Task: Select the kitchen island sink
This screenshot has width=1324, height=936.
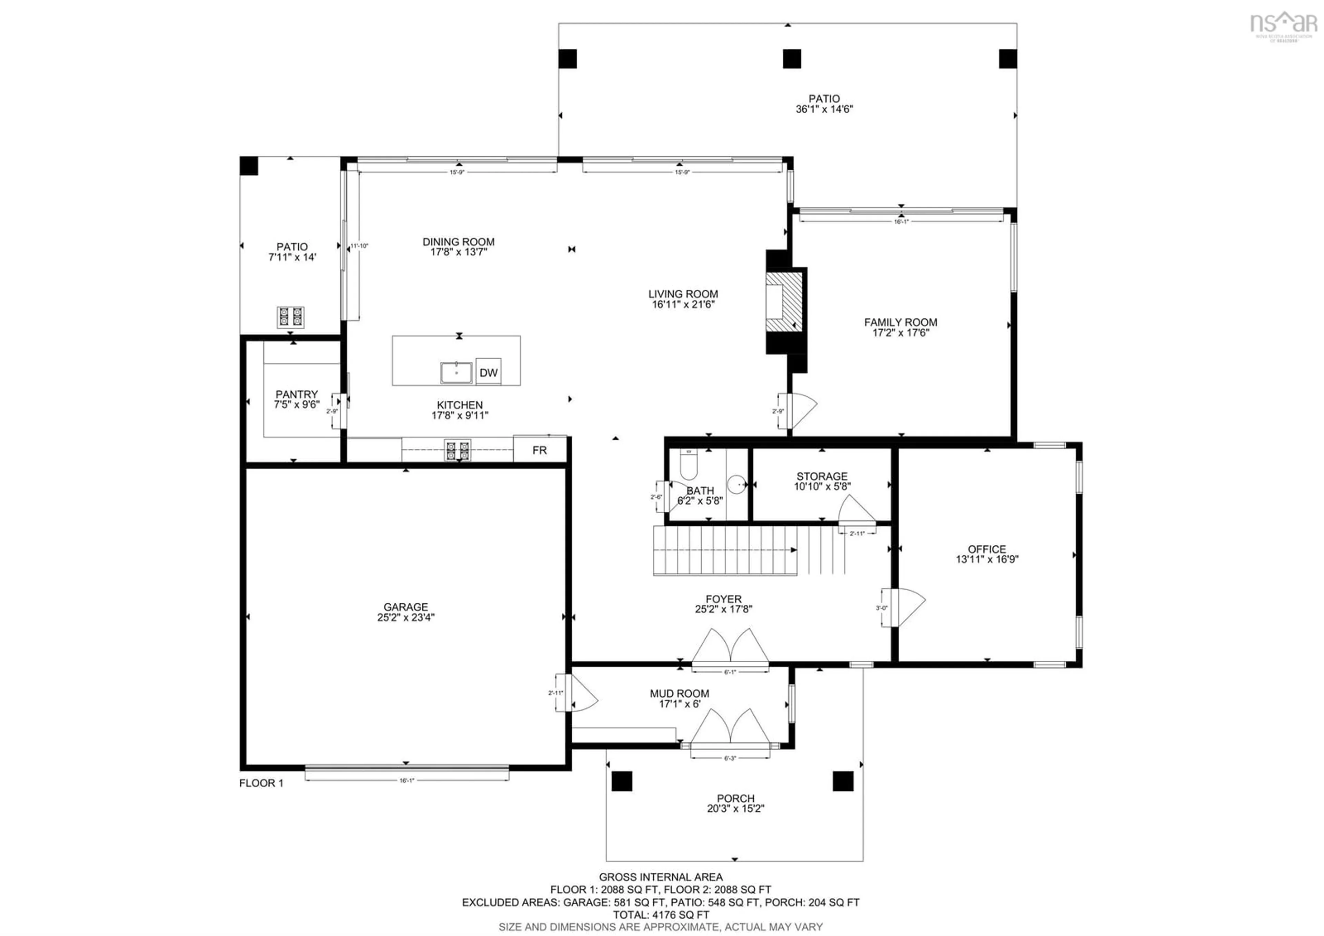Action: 456,372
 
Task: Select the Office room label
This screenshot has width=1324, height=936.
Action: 987,549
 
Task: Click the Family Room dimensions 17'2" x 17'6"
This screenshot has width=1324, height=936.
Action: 900,332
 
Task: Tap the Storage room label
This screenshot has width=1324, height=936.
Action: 822,476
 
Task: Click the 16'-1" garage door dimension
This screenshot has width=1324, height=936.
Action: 407,780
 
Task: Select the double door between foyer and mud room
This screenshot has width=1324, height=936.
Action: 730,647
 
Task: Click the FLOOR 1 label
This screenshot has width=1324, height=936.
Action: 261,783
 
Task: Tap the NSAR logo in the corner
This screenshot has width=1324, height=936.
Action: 1283,24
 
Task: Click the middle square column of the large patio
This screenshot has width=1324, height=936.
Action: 791,59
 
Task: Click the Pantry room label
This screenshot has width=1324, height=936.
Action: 297,394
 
